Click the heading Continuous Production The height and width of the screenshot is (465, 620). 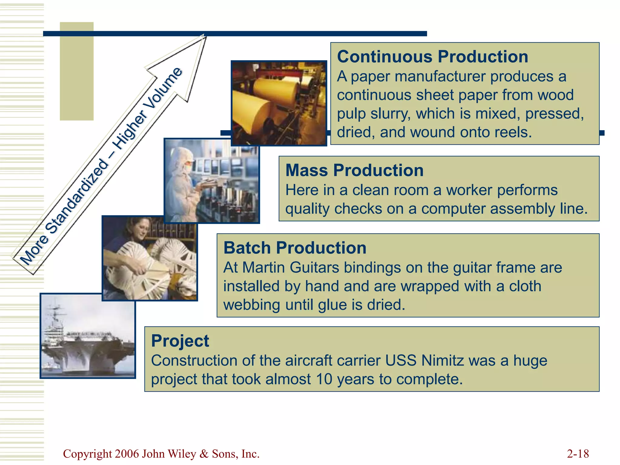432,57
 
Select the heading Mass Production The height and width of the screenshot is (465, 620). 354,170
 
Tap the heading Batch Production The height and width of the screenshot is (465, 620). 295,248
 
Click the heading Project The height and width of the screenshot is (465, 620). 180,341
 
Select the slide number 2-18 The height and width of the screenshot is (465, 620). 578,454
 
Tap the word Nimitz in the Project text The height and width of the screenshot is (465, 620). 442,361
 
